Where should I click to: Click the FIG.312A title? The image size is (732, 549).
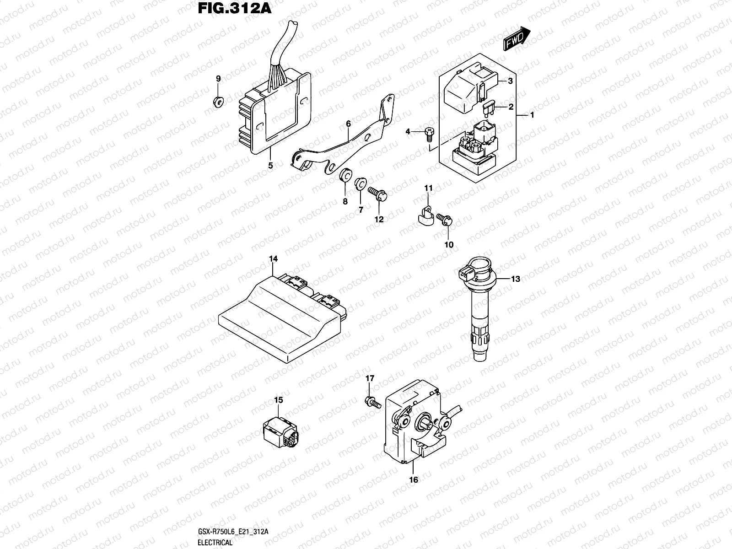(233, 9)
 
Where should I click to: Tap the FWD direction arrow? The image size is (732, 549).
(517, 38)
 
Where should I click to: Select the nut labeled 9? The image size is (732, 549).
(218, 101)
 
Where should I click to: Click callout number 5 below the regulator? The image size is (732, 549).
(270, 166)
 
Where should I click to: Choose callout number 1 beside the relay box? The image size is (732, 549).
(532, 115)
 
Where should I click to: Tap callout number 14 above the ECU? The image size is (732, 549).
(273, 259)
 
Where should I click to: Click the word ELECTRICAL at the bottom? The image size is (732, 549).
(215, 543)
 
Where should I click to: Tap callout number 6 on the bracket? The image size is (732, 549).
(348, 124)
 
